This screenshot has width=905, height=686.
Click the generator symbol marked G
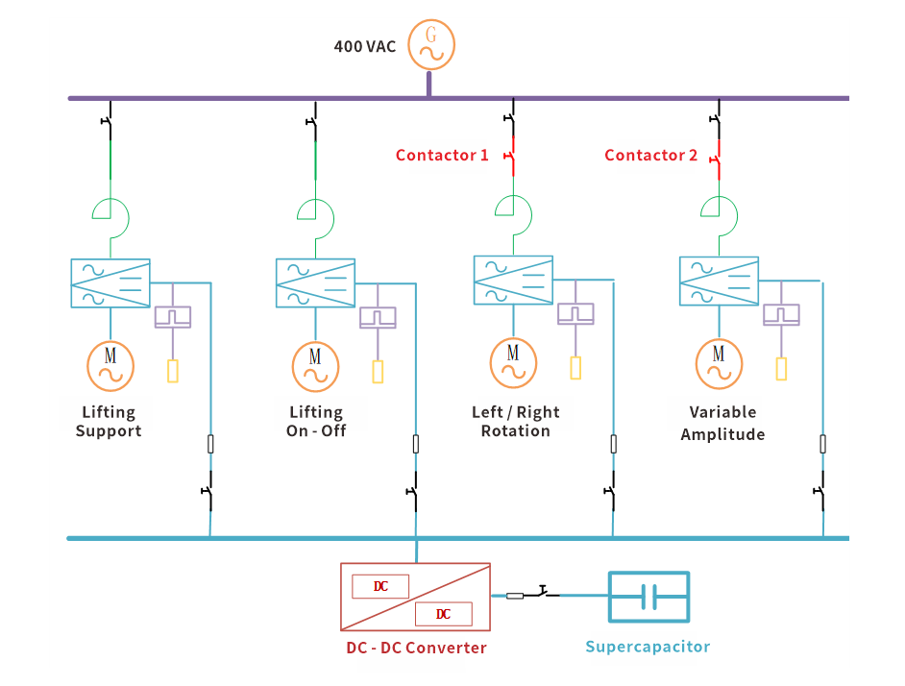tap(430, 44)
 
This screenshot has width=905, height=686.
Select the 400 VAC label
tap(364, 46)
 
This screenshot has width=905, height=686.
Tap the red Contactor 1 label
tap(442, 155)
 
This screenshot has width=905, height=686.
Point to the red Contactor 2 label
tap(650, 155)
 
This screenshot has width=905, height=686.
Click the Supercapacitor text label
tap(648, 647)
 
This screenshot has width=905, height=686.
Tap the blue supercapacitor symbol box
tap(648, 597)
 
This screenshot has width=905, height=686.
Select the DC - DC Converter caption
tap(416, 648)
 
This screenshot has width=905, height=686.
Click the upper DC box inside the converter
tap(380, 586)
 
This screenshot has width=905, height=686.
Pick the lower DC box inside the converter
tap(443, 614)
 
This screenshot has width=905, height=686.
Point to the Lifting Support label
tap(109, 422)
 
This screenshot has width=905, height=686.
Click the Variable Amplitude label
tap(722, 423)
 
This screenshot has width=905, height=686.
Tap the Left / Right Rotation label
tap(516, 422)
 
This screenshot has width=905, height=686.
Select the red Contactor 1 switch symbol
tap(512, 155)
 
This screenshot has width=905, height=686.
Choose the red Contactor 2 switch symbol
tap(717, 155)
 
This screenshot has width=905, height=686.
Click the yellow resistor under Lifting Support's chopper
tap(173, 371)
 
